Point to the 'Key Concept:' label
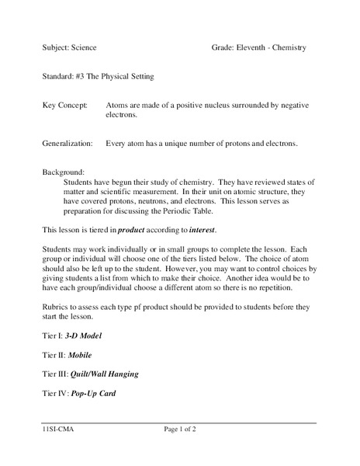64,104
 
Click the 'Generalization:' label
71,144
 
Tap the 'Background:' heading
64,172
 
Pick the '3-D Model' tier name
83,336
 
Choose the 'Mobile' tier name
81,355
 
